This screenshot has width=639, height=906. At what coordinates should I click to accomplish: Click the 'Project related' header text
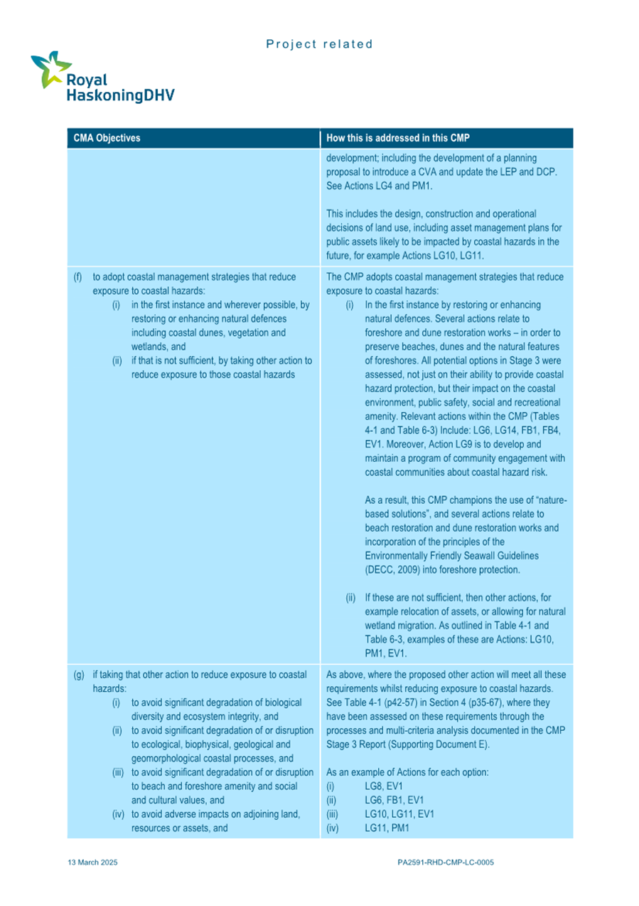pyautogui.click(x=319, y=44)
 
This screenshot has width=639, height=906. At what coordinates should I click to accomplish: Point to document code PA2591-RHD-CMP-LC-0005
pyautogui.click(x=446, y=862)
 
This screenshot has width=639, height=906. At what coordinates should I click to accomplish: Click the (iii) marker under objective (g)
pyautogui.click(x=120, y=773)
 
